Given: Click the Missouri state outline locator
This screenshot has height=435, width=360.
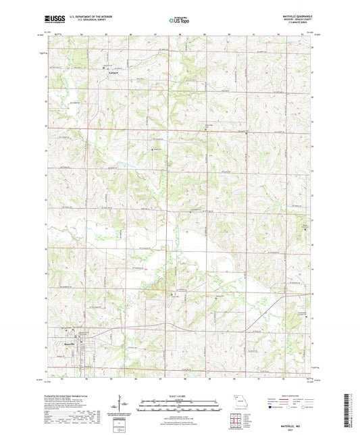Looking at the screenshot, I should tap(236, 399).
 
